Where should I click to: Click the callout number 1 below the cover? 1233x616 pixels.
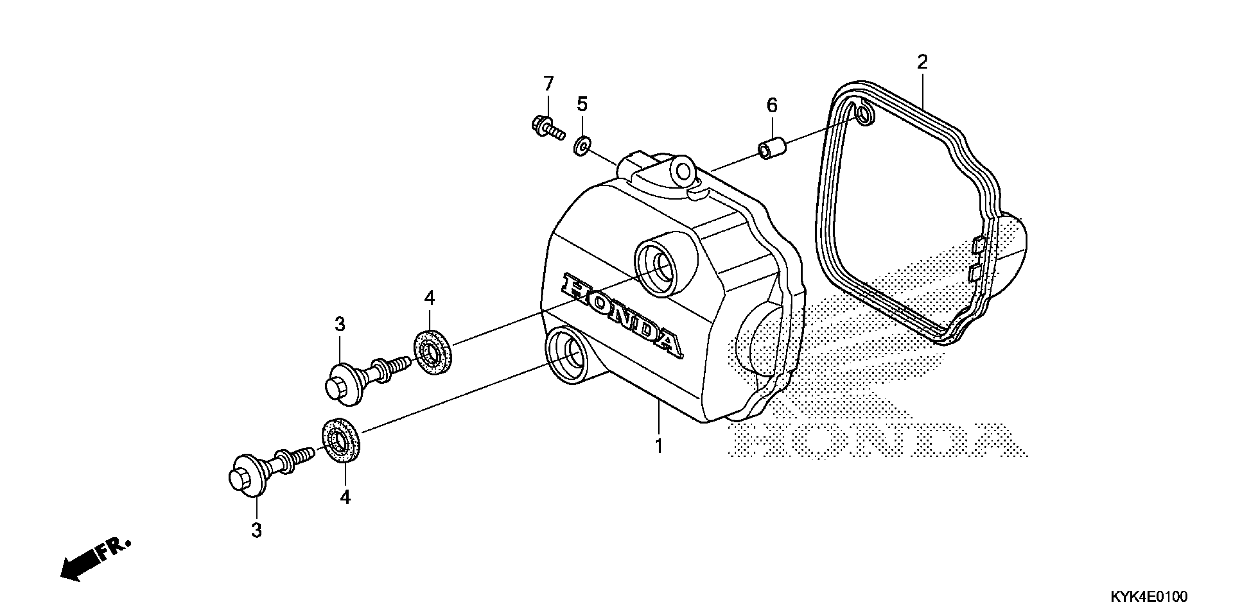659,446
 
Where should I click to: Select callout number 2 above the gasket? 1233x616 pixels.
922,62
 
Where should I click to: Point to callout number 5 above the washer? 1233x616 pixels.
582,104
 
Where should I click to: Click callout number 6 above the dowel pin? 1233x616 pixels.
772,105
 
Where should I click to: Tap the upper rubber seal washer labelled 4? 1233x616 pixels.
431,351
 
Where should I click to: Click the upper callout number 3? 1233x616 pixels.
339,325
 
